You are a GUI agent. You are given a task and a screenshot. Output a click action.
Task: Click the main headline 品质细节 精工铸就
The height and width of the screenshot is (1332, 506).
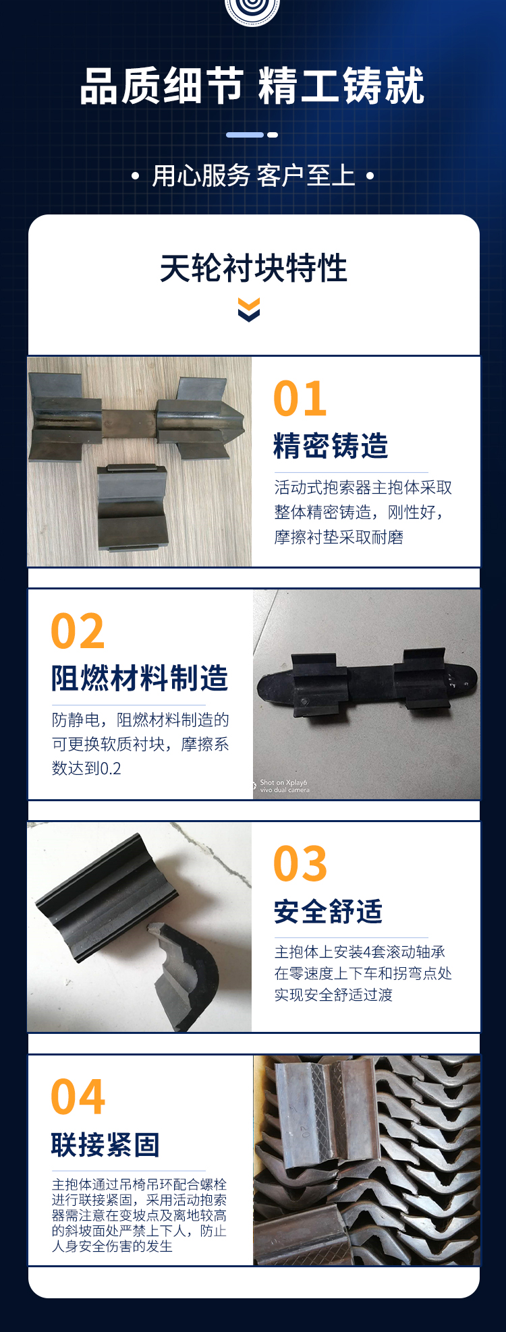point(252,86)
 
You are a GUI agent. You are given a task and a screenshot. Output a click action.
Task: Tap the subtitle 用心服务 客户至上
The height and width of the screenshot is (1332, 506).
point(253,176)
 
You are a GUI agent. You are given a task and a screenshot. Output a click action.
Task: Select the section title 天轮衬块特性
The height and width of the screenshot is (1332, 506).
point(253,268)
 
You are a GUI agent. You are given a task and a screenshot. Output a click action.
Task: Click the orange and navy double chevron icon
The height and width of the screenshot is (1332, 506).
point(249,310)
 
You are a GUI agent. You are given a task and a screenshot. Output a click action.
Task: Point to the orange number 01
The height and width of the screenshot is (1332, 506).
point(300,399)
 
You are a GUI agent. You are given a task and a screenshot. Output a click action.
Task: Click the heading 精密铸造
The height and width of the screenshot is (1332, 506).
point(331,446)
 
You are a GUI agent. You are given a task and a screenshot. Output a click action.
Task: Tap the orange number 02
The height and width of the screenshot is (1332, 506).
point(78,631)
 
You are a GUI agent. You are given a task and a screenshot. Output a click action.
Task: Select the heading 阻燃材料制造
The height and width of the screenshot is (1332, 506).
point(140,678)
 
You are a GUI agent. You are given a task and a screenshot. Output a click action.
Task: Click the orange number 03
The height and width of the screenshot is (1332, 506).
point(300,863)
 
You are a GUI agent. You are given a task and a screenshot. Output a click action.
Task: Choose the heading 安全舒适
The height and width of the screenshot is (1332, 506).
point(328,911)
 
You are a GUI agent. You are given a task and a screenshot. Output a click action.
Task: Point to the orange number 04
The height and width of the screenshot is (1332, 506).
point(78,1097)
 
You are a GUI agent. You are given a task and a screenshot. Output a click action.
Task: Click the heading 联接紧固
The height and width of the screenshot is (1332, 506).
point(105,1145)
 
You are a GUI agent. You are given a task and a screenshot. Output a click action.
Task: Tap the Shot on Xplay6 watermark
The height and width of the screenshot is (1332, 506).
point(284,786)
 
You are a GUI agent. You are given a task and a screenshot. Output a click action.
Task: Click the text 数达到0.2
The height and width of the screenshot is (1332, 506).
point(86,768)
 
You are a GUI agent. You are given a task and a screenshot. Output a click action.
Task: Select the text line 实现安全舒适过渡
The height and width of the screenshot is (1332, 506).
point(333,995)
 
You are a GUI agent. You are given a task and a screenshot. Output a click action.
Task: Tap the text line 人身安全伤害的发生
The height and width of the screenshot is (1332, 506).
point(112,1246)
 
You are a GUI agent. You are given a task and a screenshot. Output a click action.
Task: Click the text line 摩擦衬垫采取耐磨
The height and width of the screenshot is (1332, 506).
point(339,537)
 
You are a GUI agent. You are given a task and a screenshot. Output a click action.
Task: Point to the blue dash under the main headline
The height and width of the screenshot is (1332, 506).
point(245,135)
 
